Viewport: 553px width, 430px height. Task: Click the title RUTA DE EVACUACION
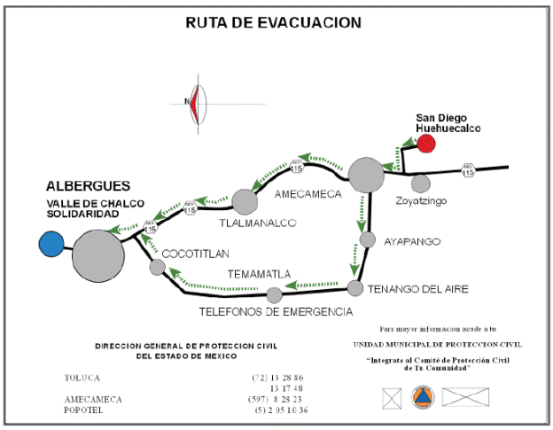click(274, 23)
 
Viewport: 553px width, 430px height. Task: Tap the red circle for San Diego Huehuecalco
click(427, 144)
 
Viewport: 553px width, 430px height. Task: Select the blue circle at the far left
click(51, 243)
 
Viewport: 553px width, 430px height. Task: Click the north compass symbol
click(193, 101)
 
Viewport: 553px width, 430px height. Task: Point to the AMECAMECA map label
click(308, 194)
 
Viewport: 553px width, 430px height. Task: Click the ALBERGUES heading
click(88, 186)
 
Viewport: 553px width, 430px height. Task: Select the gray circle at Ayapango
click(368, 239)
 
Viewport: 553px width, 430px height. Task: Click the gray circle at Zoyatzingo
click(420, 184)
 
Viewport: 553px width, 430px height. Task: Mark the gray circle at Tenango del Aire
click(355, 288)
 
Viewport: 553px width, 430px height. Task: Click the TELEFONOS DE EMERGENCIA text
click(275, 312)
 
